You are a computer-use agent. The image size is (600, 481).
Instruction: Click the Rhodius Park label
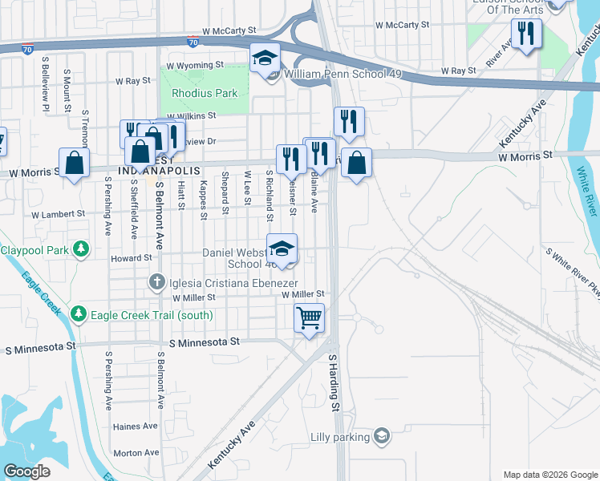[205, 93]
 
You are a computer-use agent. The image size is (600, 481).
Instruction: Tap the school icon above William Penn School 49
[265, 59]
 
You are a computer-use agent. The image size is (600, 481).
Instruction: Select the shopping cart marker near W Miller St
[310, 317]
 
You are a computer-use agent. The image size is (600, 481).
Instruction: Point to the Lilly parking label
[340, 437]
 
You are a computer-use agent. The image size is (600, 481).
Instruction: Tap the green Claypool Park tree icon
[80, 250]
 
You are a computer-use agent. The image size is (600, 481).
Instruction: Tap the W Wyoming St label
[195, 65]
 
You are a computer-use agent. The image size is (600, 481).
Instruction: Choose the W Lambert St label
[58, 214]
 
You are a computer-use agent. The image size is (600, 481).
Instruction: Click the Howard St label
[131, 258]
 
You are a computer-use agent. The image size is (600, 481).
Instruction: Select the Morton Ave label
[132, 453]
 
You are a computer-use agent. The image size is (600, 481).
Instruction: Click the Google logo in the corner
[26, 471]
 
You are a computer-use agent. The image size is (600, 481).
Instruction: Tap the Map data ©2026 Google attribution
[549, 475]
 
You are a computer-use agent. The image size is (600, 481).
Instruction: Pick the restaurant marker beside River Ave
[526, 34]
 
